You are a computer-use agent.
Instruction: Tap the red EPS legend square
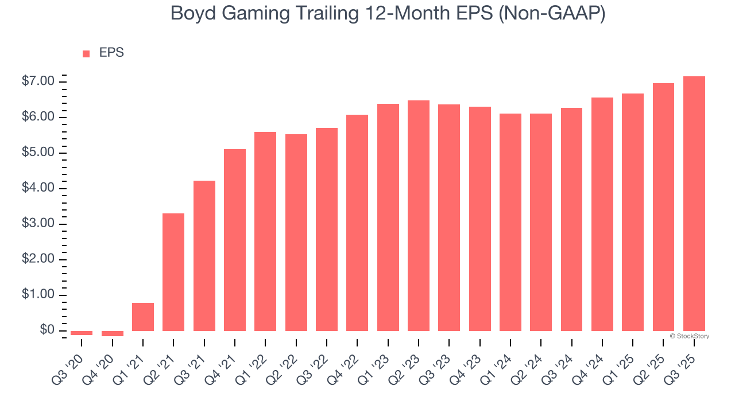(x=86, y=53)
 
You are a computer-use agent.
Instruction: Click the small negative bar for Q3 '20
(x=82, y=333)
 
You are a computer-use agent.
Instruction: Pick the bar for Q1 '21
(x=143, y=317)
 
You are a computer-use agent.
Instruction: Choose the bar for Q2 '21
(x=173, y=272)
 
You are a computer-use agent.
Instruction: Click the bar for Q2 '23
(x=419, y=216)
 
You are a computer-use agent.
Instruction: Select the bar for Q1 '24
(x=510, y=222)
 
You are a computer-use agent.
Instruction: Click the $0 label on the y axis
(x=47, y=330)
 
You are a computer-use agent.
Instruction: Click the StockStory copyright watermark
(x=689, y=336)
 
